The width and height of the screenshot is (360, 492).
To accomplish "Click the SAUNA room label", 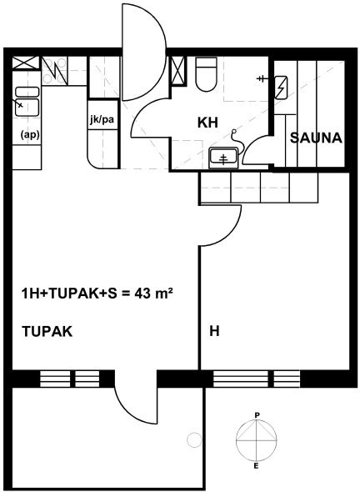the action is [316, 138].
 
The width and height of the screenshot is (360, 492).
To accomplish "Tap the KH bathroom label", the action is [207, 123].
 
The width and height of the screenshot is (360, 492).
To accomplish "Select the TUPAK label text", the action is [47, 331].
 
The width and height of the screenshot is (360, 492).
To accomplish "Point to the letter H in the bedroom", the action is [214, 331].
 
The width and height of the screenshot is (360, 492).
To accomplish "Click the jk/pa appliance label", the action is [102, 119].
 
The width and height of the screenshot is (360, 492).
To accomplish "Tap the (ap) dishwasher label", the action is [30, 135].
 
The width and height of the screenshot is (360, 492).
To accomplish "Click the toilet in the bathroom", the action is [206, 74].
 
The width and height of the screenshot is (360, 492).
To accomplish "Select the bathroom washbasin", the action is [223, 157].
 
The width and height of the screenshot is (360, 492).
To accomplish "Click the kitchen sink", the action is [27, 102].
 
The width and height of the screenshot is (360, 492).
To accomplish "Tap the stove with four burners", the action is [54, 71].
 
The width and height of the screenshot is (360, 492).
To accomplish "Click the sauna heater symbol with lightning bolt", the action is [281, 88].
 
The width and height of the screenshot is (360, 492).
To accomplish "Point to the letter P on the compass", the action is [257, 415].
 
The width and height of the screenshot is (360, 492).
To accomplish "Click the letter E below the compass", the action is [256, 466].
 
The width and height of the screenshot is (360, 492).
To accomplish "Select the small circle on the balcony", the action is [194, 440].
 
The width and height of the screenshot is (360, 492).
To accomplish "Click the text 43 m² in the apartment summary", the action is [154, 294].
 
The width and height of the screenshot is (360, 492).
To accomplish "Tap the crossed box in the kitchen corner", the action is [26, 63].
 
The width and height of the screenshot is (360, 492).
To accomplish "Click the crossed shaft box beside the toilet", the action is [177, 71].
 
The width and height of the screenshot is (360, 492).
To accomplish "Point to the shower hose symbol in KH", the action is [237, 141].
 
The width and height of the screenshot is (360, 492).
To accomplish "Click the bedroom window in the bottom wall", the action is [257, 379].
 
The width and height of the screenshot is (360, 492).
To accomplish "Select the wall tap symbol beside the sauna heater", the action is [262, 78].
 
